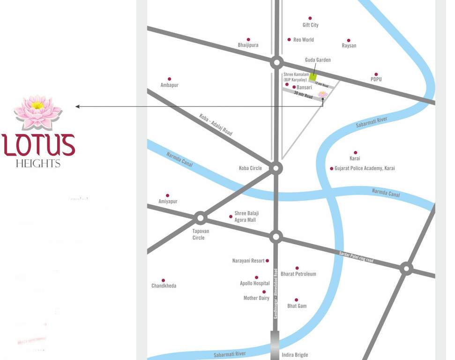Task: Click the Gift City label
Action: (x=310, y=25)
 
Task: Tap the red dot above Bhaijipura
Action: (x=248, y=40)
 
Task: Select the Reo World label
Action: (x=303, y=40)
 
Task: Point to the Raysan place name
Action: (x=349, y=45)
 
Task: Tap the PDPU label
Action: (x=376, y=79)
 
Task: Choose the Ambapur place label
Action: (x=169, y=85)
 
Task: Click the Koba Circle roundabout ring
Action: (x=276, y=168)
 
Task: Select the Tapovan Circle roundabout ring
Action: (x=201, y=217)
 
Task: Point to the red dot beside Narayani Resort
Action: (x=268, y=261)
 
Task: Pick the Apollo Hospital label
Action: (x=254, y=283)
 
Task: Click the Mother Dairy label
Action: (x=256, y=298)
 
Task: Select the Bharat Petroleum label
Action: (x=298, y=274)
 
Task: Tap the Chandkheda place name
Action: (x=164, y=285)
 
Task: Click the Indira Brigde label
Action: (x=295, y=355)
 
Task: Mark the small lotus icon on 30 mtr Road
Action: (x=322, y=94)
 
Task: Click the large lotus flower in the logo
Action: (x=37, y=112)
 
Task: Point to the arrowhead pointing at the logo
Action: (x=78, y=106)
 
